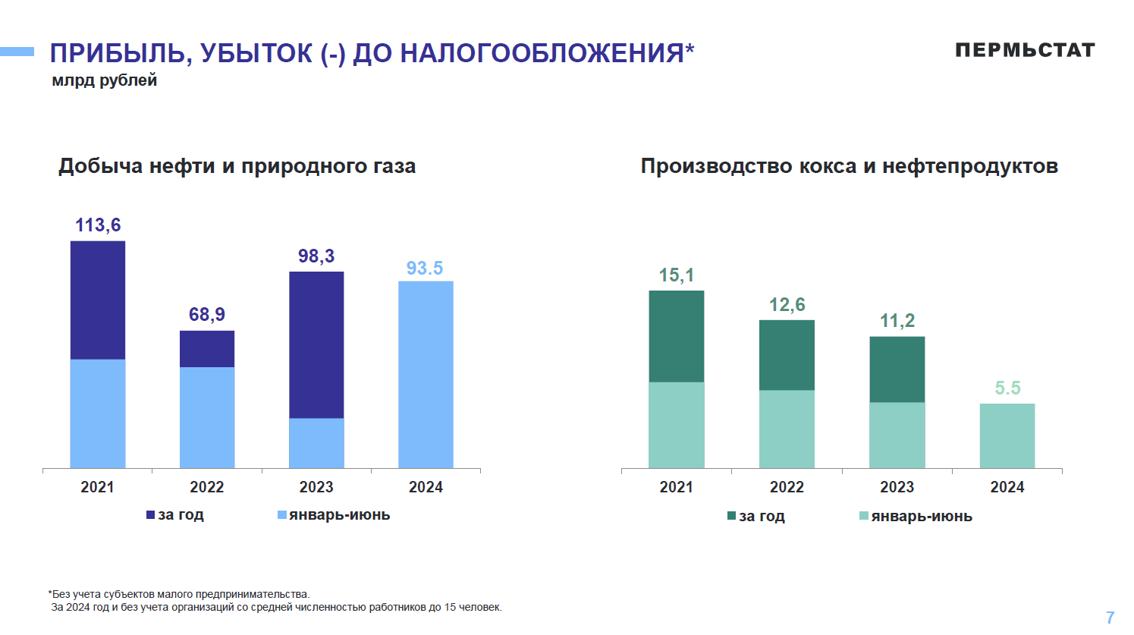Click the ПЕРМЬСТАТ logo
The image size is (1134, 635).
pyautogui.click(x=1025, y=50)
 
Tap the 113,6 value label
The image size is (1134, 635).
pyautogui.click(x=98, y=225)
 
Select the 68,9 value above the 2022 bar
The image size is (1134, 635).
pyautogui.click(x=207, y=315)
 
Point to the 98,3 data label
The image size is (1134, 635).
pyautogui.click(x=316, y=256)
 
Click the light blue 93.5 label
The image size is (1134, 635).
pyautogui.click(x=425, y=269)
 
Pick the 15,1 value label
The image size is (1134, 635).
pyautogui.click(x=677, y=275)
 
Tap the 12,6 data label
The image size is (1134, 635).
pyautogui.click(x=787, y=305)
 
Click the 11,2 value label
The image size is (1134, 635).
pyautogui.click(x=897, y=321)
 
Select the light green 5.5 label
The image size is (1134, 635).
pyautogui.click(x=1007, y=388)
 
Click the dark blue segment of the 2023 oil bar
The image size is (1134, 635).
pyautogui.click(x=316, y=344)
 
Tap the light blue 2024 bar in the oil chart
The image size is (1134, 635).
pyautogui.click(x=426, y=375)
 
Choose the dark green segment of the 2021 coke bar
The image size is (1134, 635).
pyautogui.click(x=677, y=336)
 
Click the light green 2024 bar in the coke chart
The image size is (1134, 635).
pyautogui.click(x=1007, y=435)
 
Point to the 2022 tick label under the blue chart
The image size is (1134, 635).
pyautogui.click(x=207, y=487)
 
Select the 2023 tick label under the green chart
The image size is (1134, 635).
pyautogui.click(x=897, y=487)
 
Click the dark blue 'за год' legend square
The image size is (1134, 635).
pyautogui.click(x=150, y=515)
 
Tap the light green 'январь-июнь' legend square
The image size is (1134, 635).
pyautogui.click(x=864, y=517)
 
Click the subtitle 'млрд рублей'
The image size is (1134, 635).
pyautogui.click(x=105, y=80)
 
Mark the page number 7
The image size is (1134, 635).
pyautogui.click(x=1110, y=618)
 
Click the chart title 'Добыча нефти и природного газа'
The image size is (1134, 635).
pyautogui.click(x=237, y=166)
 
